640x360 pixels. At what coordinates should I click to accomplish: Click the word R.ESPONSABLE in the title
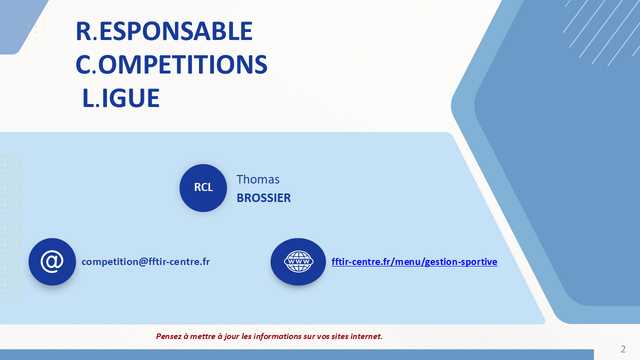click(x=164, y=31)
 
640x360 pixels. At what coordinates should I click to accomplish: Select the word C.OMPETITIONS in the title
click(x=171, y=64)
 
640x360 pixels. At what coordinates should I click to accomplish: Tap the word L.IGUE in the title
click(x=121, y=98)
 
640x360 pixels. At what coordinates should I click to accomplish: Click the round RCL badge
click(x=203, y=187)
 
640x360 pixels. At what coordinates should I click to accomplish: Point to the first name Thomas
click(x=258, y=179)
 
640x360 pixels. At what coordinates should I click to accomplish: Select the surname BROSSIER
click(x=263, y=197)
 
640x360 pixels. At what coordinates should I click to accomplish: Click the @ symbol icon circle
click(x=52, y=261)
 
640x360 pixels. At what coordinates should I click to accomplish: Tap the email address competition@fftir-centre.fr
click(x=145, y=261)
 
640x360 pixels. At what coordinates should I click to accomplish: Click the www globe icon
click(x=298, y=261)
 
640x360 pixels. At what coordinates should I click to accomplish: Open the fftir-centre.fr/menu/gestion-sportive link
click(x=414, y=261)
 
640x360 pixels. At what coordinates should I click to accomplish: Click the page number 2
click(x=623, y=349)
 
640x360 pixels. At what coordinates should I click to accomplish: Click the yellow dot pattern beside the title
click(x=28, y=26)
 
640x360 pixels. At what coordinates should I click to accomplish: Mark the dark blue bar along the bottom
click(x=297, y=354)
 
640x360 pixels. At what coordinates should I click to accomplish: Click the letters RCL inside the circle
click(x=203, y=187)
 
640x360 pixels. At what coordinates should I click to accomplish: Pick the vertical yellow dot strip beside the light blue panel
click(x=10, y=227)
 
